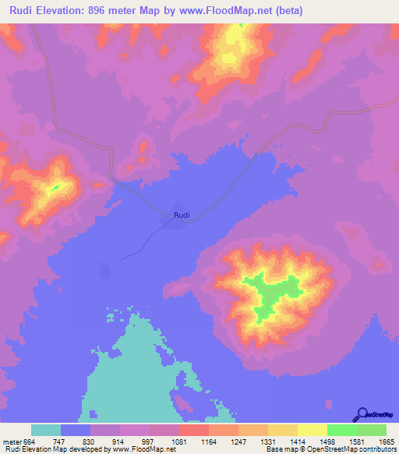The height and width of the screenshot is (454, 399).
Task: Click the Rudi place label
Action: click(181, 215)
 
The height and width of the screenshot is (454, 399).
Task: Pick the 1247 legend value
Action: click(238, 441)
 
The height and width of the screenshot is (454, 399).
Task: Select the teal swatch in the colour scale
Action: click(46, 430)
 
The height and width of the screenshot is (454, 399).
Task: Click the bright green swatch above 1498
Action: click(341, 430)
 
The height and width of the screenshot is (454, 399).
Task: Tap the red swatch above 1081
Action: click(193, 430)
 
